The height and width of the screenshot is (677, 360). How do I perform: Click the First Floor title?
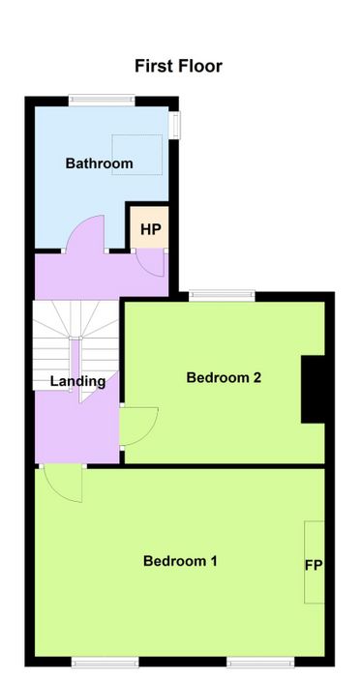pyautogui.click(x=178, y=67)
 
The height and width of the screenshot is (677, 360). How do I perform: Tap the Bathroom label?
pyautogui.click(x=99, y=163)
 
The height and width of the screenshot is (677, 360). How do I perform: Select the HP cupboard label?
pyautogui.click(x=150, y=229)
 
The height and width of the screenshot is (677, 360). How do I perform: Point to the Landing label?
pyautogui.click(x=77, y=381)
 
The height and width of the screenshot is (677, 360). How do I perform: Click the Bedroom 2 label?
pyautogui.click(x=224, y=377)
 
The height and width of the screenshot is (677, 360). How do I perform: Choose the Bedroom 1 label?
pyautogui.click(x=180, y=561)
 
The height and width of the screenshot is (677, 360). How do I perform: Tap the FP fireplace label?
pyautogui.click(x=315, y=565)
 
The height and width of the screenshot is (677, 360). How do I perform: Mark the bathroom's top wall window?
pyautogui.click(x=102, y=101)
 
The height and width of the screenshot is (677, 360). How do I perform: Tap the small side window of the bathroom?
pyautogui.click(x=174, y=126)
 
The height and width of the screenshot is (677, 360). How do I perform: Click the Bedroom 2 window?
pyautogui.click(x=222, y=295)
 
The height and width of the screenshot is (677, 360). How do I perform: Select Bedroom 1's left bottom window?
pyautogui.click(x=105, y=662)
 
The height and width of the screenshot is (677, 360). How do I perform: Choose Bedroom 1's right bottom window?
pyautogui.click(x=261, y=662)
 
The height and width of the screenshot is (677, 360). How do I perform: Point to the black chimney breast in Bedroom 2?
pyautogui.click(x=313, y=389)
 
